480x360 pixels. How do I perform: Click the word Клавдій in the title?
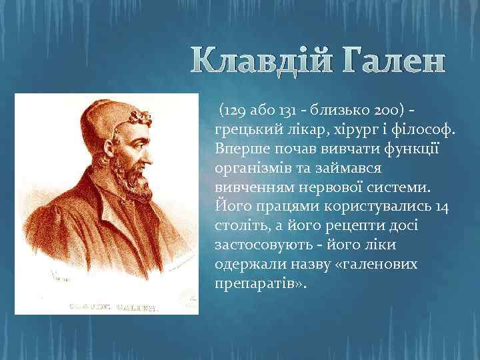point(266,63)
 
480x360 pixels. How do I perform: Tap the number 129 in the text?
point(235,109)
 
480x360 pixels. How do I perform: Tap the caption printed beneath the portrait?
point(114,308)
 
